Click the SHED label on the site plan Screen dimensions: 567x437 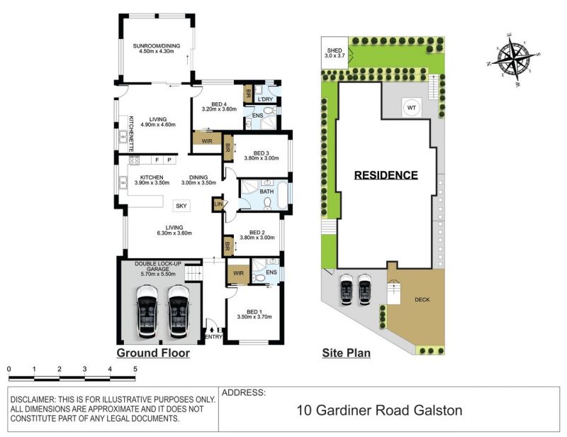[334, 50]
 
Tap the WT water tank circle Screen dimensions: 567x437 [411, 108]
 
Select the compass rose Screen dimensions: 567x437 [513, 58]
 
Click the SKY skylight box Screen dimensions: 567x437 [181, 206]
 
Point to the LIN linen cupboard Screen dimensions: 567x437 [218, 204]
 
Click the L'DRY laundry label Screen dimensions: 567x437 [265, 99]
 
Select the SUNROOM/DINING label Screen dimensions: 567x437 [156, 46]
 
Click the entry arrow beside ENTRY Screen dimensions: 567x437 [211, 329]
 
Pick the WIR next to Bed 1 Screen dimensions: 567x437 [238, 274]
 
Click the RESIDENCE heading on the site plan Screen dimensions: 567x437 [386, 175]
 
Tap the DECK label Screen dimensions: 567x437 [422, 300]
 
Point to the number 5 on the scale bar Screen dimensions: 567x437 [135, 370]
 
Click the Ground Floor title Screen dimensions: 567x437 [153, 353]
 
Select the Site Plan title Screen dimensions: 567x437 [346, 353]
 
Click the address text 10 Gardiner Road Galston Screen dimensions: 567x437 [379, 411]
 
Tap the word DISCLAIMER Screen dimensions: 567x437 [32, 400]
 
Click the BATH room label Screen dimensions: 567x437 [267, 191]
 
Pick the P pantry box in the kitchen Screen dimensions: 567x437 [169, 160]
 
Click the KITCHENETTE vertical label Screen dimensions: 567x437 [131, 133]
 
